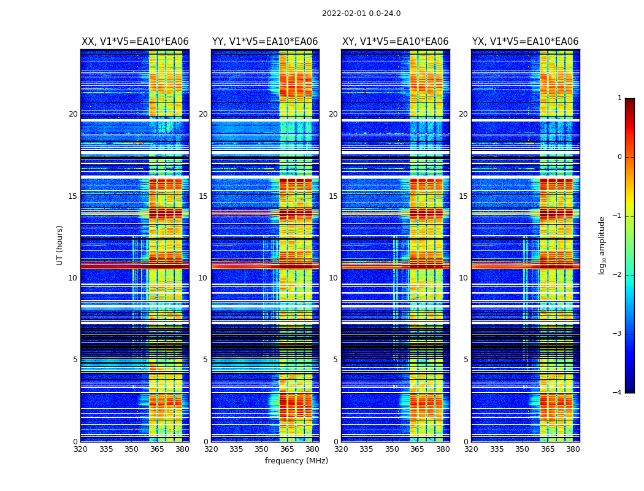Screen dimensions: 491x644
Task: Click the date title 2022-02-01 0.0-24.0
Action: (361, 14)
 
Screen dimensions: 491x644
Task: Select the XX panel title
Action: (135, 42)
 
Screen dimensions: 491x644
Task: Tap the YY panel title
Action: (265, 42)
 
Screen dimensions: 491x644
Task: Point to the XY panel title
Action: (395, 42)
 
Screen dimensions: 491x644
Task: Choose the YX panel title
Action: (525, 42)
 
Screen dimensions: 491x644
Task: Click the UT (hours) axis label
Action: (60, 245)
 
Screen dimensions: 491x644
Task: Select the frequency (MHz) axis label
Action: (296, 461)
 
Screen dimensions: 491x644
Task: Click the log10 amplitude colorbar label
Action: (602, 245)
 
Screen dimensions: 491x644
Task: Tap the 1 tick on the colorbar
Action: (619, 98)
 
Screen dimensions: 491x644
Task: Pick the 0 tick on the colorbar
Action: (619, 157)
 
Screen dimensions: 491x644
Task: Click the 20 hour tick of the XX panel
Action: (73, 114)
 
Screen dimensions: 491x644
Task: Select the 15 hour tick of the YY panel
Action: (203, 196)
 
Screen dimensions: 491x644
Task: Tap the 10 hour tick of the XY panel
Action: (333, 278)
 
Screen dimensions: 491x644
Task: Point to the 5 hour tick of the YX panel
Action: (466, 360)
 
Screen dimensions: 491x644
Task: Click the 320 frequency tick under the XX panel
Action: (80, 449)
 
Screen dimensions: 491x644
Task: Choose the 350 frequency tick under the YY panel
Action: (261, 449)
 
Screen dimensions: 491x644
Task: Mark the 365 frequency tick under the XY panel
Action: (417, 449)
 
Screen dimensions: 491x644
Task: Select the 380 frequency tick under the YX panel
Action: (573, 449)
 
